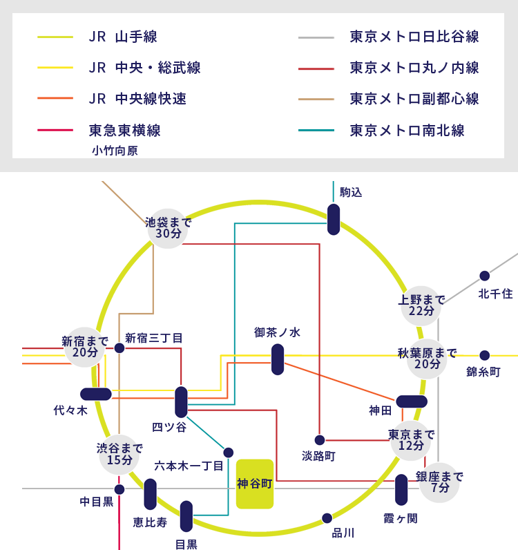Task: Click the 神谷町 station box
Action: (x=255, y=484)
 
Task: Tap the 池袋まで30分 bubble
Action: (x=168, y=228)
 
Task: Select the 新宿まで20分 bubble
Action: (x=84, y=347)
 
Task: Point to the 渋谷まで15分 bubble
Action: (x=119, y=454)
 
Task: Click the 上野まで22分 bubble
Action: (x=421, y=305)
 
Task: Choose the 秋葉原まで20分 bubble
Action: (x=427, y=358)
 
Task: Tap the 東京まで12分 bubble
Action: (x=411, y=440)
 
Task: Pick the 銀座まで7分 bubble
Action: (x=439, y=482)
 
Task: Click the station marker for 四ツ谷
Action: (x=181, y=402)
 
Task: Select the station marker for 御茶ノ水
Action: (x=278, y=359)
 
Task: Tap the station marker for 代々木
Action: (x=96, y=395)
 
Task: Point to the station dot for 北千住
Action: (x=485, y=276)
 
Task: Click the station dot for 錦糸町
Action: (x=485, y=355)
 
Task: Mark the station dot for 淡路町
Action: (x=320, y=440)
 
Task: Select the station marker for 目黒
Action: (x=186, y=516)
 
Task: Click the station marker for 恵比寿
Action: (x=151, y=494)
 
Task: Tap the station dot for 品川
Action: (x=327, y=518)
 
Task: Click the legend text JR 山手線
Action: (x=122, y=37)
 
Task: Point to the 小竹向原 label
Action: (x=115, y=151)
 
